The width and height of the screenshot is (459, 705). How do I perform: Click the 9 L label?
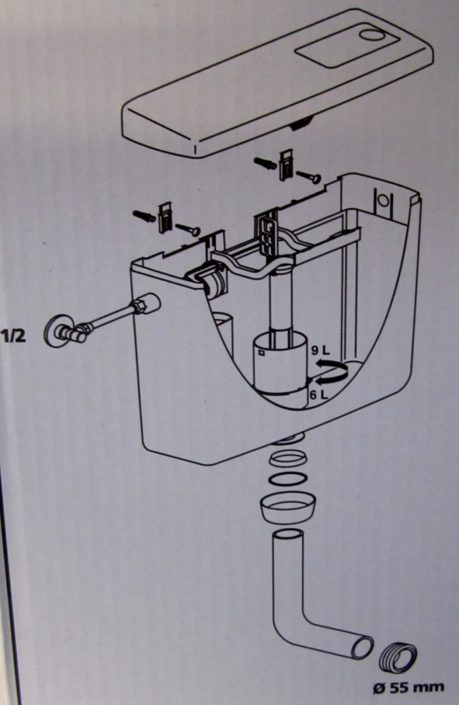point(320,350)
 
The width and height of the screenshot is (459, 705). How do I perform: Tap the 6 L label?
point(320,395)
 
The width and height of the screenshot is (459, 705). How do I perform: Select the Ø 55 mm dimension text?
point(408,687)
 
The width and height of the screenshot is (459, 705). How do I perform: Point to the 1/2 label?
point(14,336)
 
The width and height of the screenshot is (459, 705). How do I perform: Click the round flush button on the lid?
point(375,37)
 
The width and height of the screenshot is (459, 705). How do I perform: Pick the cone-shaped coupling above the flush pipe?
point(289,508)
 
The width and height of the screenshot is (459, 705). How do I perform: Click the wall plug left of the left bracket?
point(144,216)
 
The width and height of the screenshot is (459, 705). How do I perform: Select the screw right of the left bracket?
point(189,229)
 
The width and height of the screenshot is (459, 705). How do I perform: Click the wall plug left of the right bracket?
point(265,164)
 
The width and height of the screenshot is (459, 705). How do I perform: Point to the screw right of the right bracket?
point(309,177)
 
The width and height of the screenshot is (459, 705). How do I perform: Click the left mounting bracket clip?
point(165,218)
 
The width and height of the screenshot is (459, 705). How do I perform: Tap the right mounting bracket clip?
point(285,165)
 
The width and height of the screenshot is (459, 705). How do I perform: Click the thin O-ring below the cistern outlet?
point(288,479)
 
